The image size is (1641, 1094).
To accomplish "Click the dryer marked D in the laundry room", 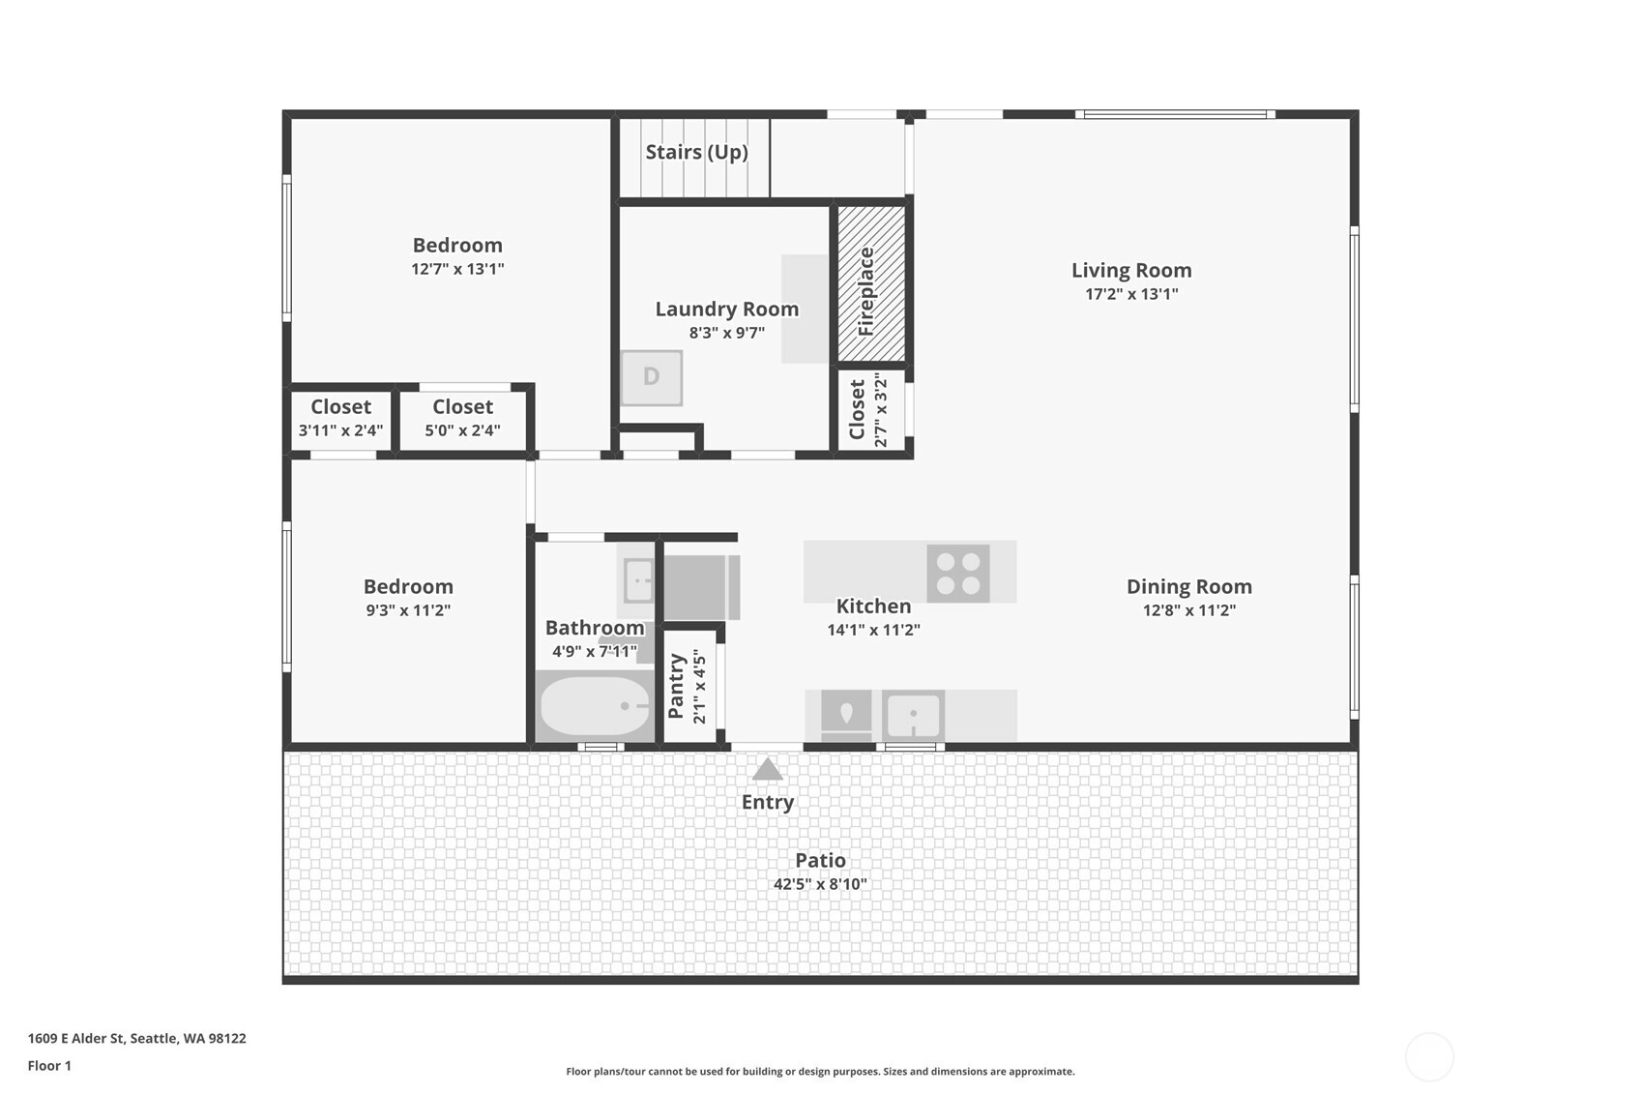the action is pyautogui.click(x=651, y=377).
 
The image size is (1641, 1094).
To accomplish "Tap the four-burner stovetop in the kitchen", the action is pyautogui.click(x=958, y=573).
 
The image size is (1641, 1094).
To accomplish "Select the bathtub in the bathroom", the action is pyautogui.click(x=595, y=706).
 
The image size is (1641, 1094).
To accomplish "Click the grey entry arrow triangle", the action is pyautogui.click(x=767, y=769).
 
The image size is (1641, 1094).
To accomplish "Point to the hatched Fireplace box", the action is pyautogui.click(x=871, y=283).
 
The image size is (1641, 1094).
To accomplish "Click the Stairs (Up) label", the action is pyautogui.click(x=696, y=152).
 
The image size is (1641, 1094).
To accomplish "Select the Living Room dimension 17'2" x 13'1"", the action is pyautogui.click(x=1131, y=294).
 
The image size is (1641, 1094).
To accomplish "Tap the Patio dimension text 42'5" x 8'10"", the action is pyautogui.click(x=820, y=884).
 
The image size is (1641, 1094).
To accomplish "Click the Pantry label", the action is pyautogui.click(x=676, y=686).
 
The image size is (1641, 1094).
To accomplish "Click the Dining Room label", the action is pyautogui.click(x=1189, y=586).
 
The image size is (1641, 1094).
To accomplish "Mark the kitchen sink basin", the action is pyautogui.click(x=913, y=715).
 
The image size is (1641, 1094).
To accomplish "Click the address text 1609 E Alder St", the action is pyautogui.click(x=76, y=1038).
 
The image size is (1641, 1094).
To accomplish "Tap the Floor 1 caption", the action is pyautogui.click(x=50, y=1065).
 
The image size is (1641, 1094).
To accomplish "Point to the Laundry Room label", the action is pyautogui.click(x=727, y=309).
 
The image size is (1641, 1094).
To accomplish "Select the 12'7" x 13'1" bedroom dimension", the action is pyautogui.click(x=457, y=269).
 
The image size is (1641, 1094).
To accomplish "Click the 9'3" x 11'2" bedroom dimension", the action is pyautogui.click(x=408, y=609).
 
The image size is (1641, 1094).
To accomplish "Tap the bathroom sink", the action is pyautogui.click(x=638, y=580).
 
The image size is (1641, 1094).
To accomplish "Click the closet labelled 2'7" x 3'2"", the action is pyautogui.click(x=871, y=410).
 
